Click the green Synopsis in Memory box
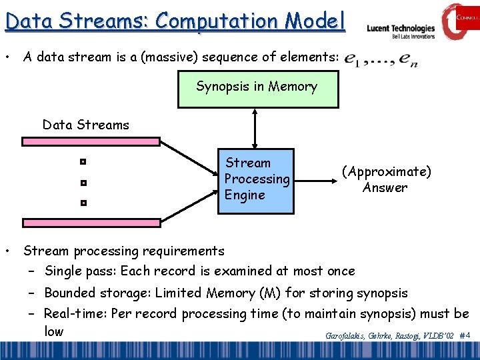pos(257,87)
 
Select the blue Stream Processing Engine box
pos(257,180)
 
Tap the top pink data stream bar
pos(91,141)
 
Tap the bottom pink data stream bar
pos(91,223)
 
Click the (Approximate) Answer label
pos(386,179)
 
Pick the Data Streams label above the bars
pos(86,125)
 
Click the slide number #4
pos(465,336)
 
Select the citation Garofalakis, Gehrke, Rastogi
pos(374,337)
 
